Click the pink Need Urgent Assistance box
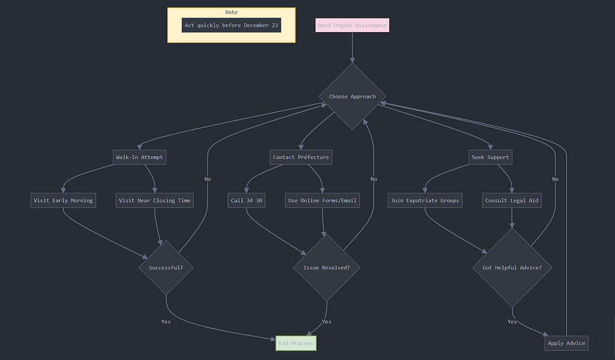tap(352, 26)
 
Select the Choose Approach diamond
tap(352, 97)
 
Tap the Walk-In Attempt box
tap(140, 157)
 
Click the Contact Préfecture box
tap(301, 157)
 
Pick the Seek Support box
tap(490, 157)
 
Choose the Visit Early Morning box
tap(63, 201)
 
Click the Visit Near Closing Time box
tap(154, 201)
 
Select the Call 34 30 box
tap(246, 201)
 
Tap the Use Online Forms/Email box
tap(323, 201)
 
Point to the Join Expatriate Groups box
tap(425, 201)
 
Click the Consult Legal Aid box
tap(512, 201)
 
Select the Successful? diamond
tap(166, 268)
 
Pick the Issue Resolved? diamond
tap(327, 268)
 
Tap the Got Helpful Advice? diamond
tap(512, 268)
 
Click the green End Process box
tap(296, 343)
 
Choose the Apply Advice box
tap(567, 343)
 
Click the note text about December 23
tap(231, 26)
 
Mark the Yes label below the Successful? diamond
tap(166, 322)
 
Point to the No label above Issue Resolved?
tap(373, 179)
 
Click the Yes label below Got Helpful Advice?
tap(512, 322)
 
